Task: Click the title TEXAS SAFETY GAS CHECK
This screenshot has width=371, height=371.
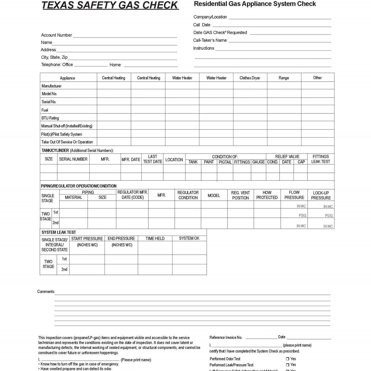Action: point(110,5)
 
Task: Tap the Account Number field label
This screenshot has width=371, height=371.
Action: point(57,35)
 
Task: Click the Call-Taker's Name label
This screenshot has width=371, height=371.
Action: point(210,40)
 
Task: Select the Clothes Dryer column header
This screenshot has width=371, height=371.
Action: point(250,78)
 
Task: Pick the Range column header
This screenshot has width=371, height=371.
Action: point(284,78)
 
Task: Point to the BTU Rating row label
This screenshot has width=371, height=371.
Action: point(50,118)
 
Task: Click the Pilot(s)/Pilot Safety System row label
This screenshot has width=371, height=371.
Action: point(62,134)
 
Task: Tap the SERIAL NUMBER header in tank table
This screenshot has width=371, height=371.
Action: point(73,159)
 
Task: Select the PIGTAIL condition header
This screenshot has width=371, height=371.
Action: point(225,162)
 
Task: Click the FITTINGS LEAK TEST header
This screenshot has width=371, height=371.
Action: point(321,159)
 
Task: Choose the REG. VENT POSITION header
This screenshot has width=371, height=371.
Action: point(240,195)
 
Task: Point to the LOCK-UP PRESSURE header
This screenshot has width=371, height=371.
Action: point(321,195)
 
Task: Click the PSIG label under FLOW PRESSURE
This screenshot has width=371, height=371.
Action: point(302,215)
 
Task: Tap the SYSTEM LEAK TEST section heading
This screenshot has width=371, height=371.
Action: point(59,232)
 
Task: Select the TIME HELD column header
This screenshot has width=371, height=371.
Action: point(155,238)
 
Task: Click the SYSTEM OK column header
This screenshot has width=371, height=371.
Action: point(189,238)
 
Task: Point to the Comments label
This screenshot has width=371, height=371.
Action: point(46,292)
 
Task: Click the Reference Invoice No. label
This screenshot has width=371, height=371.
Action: point(226,337)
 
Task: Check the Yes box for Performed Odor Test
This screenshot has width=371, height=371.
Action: point(287,359)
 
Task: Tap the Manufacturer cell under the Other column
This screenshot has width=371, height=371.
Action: point(318,86)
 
